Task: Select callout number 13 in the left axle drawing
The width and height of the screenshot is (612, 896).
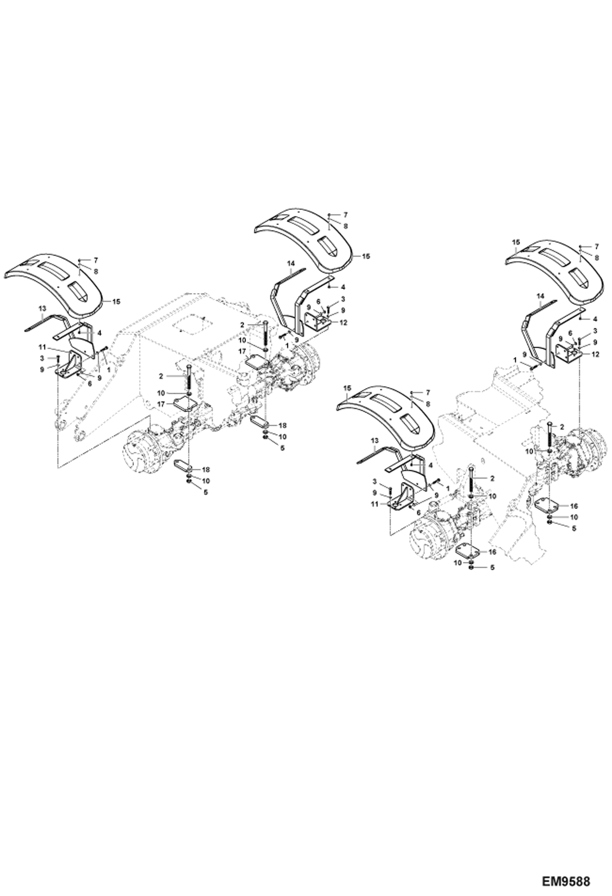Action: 43,308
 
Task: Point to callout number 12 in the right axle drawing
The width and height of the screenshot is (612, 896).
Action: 595,354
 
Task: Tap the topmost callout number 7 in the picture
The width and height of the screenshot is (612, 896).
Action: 345,214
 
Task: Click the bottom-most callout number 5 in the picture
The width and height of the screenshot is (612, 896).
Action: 492,568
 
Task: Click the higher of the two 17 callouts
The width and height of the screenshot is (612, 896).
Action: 242,351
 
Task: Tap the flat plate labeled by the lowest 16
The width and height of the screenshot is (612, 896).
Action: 470,551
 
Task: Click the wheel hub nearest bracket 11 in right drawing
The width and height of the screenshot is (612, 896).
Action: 426,535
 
